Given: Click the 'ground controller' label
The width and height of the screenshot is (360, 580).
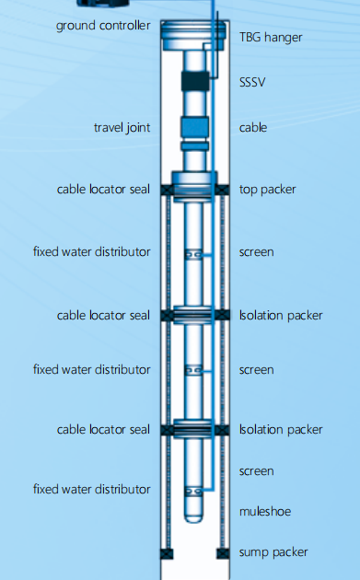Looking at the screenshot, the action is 103,26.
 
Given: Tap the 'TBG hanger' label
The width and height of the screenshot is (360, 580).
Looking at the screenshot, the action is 271,38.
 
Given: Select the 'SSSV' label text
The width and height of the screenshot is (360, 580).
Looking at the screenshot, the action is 252,82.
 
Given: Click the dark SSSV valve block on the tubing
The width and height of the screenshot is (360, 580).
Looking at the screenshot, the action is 195,81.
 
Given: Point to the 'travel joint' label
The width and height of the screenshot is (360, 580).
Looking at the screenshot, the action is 122,128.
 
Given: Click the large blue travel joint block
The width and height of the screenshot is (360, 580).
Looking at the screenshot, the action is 195,127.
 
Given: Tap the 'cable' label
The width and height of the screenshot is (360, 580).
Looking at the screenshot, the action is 253,128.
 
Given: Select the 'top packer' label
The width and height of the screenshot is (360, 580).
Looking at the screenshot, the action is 268,190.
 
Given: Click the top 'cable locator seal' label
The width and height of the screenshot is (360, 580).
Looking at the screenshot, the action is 104,190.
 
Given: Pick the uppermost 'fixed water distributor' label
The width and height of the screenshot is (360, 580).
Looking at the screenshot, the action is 92,252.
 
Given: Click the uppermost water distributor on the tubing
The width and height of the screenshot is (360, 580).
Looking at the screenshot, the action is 193,254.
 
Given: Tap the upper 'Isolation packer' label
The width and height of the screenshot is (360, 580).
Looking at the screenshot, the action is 281,316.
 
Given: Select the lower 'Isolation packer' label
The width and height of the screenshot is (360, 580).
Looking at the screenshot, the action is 281,430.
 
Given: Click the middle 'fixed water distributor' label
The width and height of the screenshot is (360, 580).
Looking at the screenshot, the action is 92,369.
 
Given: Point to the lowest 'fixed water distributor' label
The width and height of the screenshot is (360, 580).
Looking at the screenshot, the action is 92,490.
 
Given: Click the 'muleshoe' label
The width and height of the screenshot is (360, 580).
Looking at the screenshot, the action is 265,512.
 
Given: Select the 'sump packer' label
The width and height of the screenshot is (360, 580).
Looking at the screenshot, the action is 273,552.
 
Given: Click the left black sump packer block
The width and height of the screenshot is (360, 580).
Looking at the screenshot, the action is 167,553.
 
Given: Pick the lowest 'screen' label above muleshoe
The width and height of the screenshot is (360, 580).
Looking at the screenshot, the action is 256,471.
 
